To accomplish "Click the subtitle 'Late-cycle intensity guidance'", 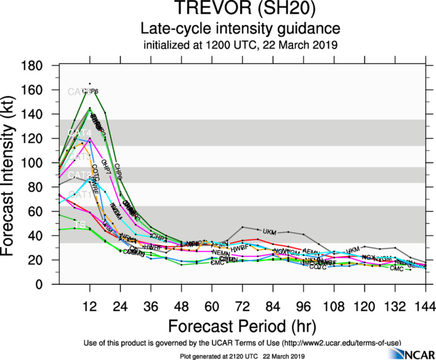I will (240, 29).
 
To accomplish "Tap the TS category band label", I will (80, 223).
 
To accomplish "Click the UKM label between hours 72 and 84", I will (269, 231).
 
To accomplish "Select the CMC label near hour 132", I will (397, 268).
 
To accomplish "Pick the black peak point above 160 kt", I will (89, 84).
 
